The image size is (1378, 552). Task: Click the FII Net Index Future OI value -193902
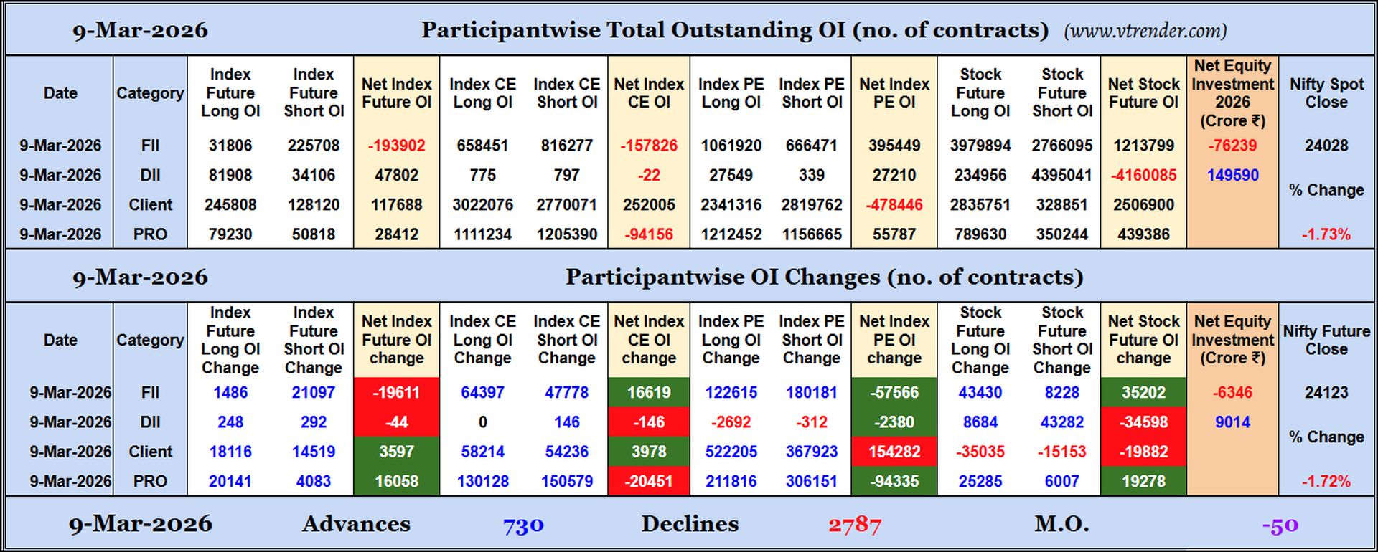pyautogui.click(x=396, y=146)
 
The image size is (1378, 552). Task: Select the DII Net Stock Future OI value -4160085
pyautogui.click(x=1143, y=175)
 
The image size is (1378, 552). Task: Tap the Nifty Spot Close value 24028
pyautogui.click(x=1326, y=146)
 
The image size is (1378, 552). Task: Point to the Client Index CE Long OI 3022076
pyautogui.click(x=482, y=205)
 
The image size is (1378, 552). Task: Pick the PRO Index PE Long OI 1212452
pyautogui.click(x=731, y=234)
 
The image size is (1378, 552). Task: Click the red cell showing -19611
pyautogui.click(x=396, y=393)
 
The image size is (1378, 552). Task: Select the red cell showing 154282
pyautogui.click(x=894, y=452)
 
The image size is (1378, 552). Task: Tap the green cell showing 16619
pyautogui.click(x=649, y=393)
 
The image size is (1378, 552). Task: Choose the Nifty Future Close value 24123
pyautogui.click(x=1326, y=393)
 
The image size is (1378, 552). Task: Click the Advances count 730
pyautogui.click(x=523, y=525)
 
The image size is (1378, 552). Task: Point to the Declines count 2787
pyautogui.click(x=854, y=525)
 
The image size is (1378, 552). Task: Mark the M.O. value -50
pyautogui.click(x=1280, y=525)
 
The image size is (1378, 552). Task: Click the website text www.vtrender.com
pyautogui.click(x=1145, y=31)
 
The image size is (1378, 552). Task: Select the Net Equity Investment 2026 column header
pyautogui.click(x=1232, y=93)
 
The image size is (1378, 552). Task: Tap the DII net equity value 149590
pyautogui.click(x=1232, y=175)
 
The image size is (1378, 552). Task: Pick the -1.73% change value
pyautogui.click(x=1326, y=234)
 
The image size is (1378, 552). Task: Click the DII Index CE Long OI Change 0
pyautogui.click(x=482, y=422)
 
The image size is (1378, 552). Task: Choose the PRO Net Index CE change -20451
pyautogui.click(x=649, y=482)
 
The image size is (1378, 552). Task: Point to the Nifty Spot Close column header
pyautogui.click(x=1326, y=93)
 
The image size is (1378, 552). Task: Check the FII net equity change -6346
pyautogui.click(x=1232, y=393)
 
